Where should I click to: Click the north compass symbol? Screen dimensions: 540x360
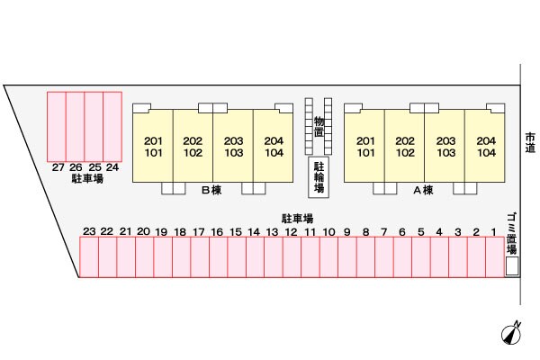click(511, 333)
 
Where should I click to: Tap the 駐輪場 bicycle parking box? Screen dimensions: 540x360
click(319, 177)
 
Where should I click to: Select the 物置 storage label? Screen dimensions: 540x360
click(319, 126)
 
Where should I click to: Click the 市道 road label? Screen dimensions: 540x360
click(530, 142)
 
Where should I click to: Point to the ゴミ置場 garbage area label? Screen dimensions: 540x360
click(512, 233)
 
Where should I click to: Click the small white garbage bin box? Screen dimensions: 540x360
click(512, 266)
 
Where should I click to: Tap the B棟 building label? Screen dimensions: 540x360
click(211, 190)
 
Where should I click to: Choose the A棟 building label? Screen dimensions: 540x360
click(423, 190)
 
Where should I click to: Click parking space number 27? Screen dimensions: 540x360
click(57, 126)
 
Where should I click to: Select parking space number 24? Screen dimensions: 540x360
click(112, 126)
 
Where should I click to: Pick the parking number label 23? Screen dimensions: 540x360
click(89, 231)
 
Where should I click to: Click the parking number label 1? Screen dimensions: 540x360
click(494, 232)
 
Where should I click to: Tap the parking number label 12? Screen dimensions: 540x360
click(291, 232)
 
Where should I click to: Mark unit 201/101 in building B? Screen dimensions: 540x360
click(153, 146)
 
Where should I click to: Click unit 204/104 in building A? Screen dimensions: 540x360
click(485, 146)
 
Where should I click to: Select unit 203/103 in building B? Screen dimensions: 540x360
click(233, 146)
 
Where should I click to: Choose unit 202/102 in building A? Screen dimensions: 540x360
click(405, 146)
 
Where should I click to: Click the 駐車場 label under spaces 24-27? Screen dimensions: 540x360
click(87, 178)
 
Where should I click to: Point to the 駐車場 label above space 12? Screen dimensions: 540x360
click(297, 219)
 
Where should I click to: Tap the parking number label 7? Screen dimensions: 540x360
click(384, 232)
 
